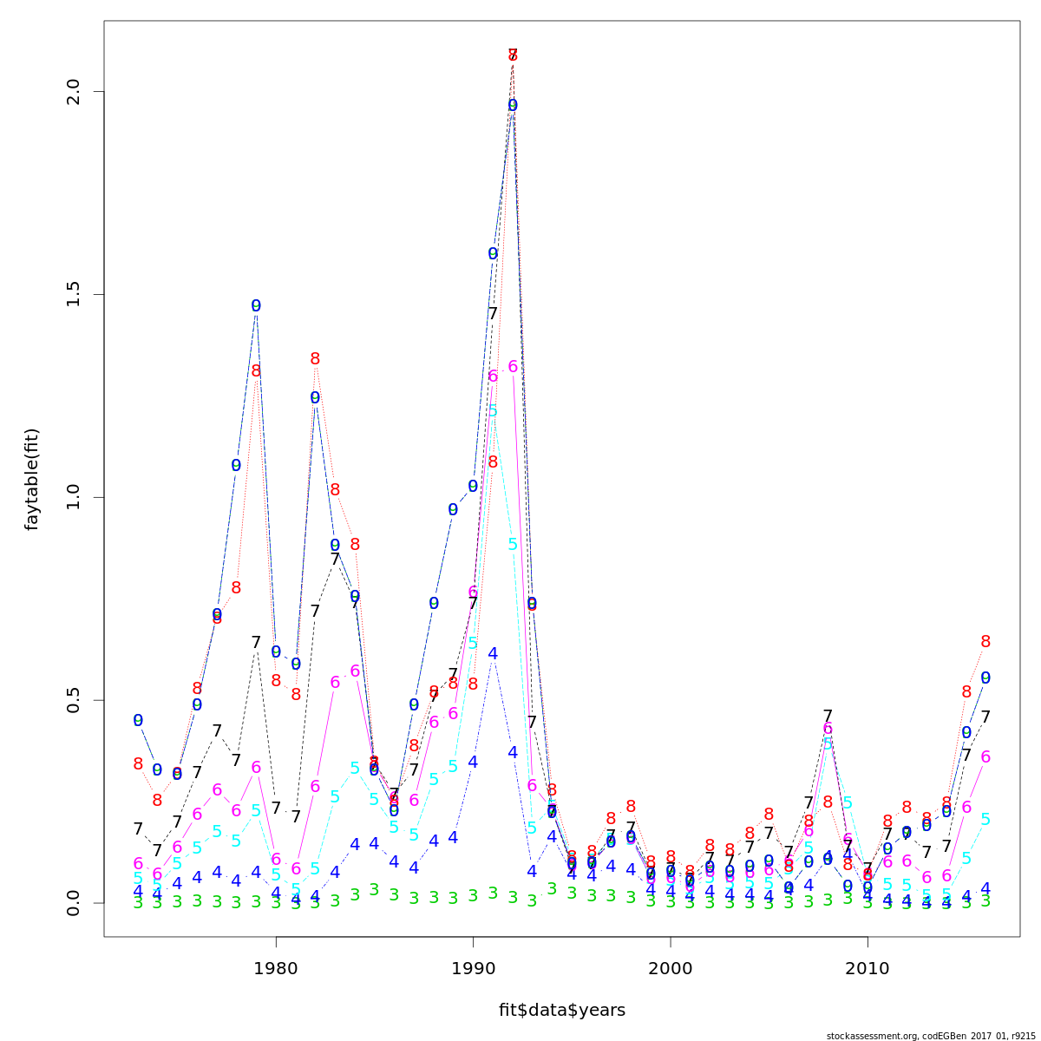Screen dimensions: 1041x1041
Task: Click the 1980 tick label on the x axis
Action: point(276,967)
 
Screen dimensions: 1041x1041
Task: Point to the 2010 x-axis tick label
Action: point(867,967)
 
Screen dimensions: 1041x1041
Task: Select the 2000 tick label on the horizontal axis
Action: point(671,967)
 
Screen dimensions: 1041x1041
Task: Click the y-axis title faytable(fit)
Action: point(32,479)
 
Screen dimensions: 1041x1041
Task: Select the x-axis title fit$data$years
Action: point(561,1010)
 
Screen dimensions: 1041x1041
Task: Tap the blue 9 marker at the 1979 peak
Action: point(256,306)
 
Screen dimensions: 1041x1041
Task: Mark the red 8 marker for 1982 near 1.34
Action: point(315,358)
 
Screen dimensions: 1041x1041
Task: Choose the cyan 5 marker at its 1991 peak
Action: point(493,410)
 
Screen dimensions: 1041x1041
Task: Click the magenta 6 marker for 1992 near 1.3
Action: point(513,367)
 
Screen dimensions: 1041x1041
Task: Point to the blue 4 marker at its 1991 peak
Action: point(493,653)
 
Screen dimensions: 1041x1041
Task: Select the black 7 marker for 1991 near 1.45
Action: point(493,313)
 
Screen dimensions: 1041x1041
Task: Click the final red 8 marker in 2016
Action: point(985,642)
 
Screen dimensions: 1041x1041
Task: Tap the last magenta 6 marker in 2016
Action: point(985,757)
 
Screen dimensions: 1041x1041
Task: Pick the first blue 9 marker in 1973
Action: point(138,721)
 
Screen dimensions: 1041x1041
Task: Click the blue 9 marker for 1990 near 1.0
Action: point(473,487)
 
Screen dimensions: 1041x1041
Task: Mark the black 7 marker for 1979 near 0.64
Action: point(256,643)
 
